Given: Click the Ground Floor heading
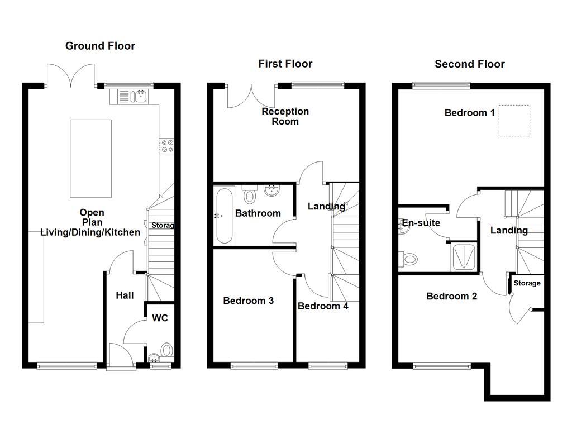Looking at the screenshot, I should (100, 46).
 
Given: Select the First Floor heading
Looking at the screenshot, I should (285, 64).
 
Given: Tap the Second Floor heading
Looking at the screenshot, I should (470, 64).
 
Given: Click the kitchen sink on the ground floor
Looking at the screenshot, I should (140, 97).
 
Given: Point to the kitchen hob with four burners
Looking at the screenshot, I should (166, 146).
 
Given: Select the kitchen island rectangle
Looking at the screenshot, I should (90, 158).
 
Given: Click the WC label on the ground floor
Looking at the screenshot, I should (160, 318).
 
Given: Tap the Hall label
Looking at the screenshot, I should (125, 295).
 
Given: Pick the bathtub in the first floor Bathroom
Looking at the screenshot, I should (224, 216).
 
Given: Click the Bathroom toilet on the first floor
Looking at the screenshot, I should (249, 196).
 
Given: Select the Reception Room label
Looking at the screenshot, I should (285, 116).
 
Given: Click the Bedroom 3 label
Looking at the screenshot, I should (248, 301).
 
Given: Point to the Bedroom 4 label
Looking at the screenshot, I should (323, 306).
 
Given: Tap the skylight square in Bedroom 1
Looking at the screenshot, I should (514, 121).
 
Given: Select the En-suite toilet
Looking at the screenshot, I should (409, 259).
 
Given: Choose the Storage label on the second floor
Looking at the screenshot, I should (527, 283).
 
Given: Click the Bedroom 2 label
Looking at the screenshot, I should (451, 296).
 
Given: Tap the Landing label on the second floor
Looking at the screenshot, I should (509, 230).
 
